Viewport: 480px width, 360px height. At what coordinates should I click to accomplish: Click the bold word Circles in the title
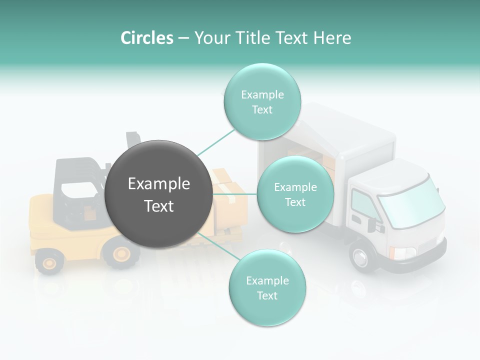[146, 38]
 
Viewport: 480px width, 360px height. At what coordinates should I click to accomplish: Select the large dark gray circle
[158, 194]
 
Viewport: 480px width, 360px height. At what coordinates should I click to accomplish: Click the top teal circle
[262, 102]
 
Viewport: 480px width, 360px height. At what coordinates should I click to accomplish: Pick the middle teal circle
[295, 194]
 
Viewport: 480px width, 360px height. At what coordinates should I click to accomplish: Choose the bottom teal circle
[267, 288]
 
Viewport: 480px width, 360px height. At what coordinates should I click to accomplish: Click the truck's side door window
[364, 203]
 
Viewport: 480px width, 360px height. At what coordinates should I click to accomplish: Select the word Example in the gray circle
[158, 184]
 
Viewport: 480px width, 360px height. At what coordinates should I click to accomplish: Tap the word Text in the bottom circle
[267, 295]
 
